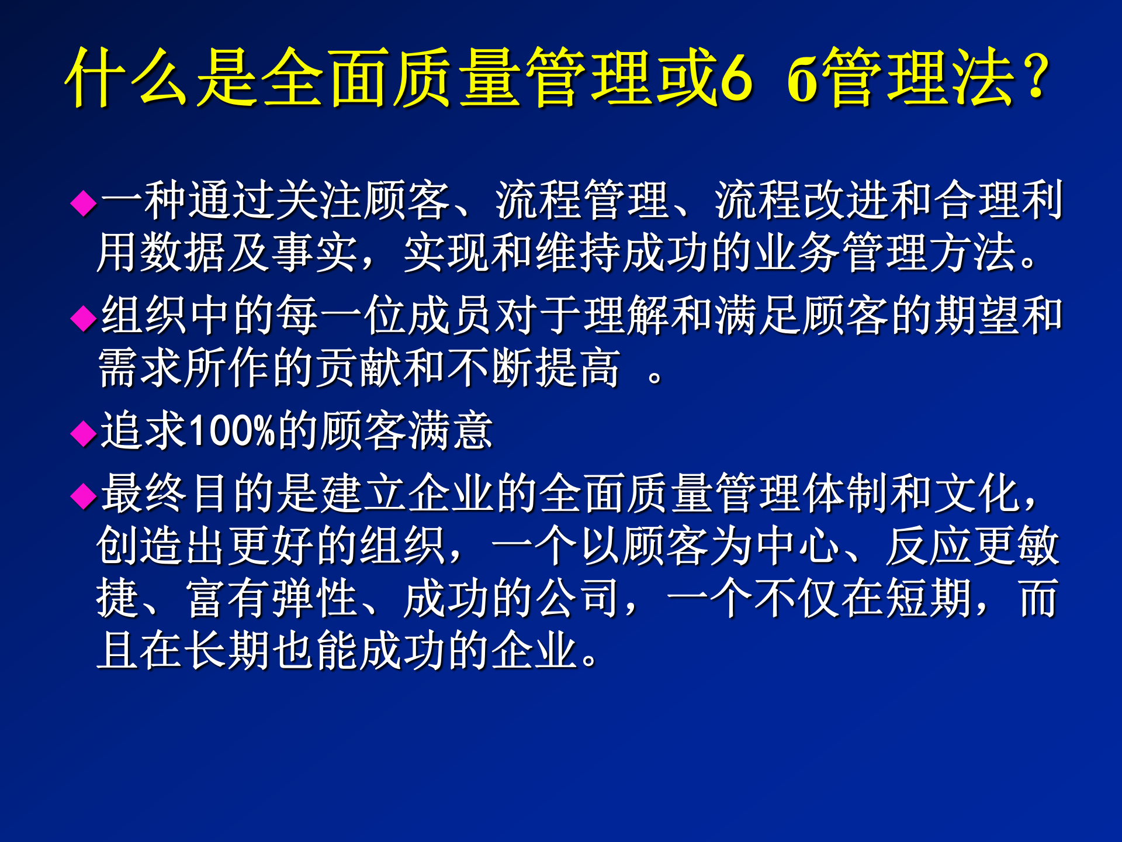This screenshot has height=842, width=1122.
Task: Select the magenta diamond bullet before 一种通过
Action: tap(83, 203)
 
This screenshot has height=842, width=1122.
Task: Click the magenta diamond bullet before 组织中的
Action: tap(83, 318)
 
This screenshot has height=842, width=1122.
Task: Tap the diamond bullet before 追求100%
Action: tap(83, 433)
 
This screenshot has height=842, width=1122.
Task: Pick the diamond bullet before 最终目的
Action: tap(83, 496)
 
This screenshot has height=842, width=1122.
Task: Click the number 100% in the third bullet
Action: tap(233, 431)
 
